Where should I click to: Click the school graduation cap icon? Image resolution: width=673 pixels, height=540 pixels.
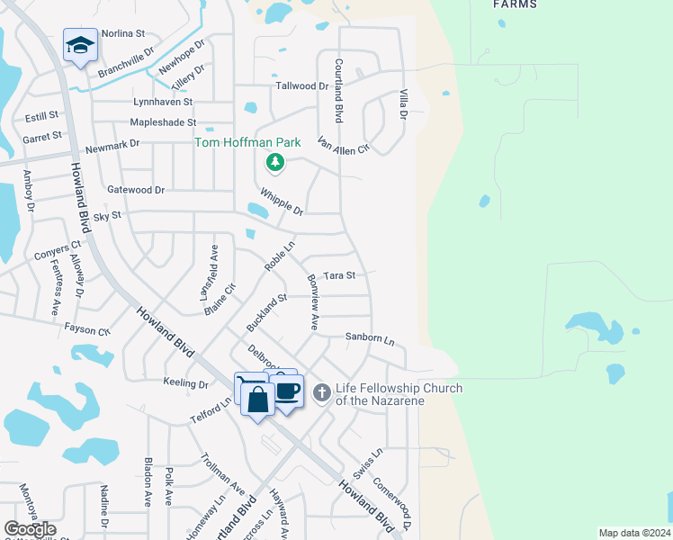click(80, 46)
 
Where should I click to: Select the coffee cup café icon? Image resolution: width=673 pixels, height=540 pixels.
click(288, 391)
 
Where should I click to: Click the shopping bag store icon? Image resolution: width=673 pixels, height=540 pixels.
click(258, 399)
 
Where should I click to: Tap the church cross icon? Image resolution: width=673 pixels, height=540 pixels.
click(322, 393)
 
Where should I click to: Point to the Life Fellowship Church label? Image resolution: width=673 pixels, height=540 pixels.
click(399, 394)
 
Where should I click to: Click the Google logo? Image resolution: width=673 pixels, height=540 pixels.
click(30, 529)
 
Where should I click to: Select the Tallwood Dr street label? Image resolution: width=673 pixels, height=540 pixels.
click(302, 86)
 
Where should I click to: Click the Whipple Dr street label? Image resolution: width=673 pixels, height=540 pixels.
click(282, 202)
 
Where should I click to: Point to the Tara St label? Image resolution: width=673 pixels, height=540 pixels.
click(339, 275)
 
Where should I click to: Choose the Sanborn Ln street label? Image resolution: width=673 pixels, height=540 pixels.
click(370, 339)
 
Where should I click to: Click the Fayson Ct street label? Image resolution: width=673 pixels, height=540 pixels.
click(87, 330)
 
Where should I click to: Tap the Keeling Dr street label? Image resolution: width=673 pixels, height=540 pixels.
click(186, 383)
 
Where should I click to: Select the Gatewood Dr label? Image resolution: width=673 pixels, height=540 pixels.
click(136, 190)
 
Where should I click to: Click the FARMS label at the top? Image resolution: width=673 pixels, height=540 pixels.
click(516, 4)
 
